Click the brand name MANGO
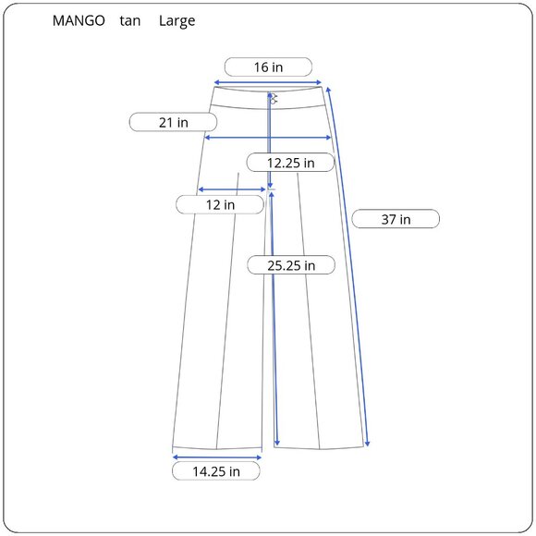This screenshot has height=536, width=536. click(79, 21)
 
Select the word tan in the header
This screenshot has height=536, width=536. click(130, 21)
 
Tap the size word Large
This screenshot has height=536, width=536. click(177, 21)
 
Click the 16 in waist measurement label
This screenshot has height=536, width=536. click(268, 67)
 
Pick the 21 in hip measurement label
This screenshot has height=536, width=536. click(173, 122)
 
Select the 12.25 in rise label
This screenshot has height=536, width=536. click(290, 163)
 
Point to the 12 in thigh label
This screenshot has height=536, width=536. click(220, 205)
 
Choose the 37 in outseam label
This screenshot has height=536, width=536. click(396, 219)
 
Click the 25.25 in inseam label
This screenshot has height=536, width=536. click(291, 265)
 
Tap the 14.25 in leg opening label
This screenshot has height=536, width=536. click(216, 471)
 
